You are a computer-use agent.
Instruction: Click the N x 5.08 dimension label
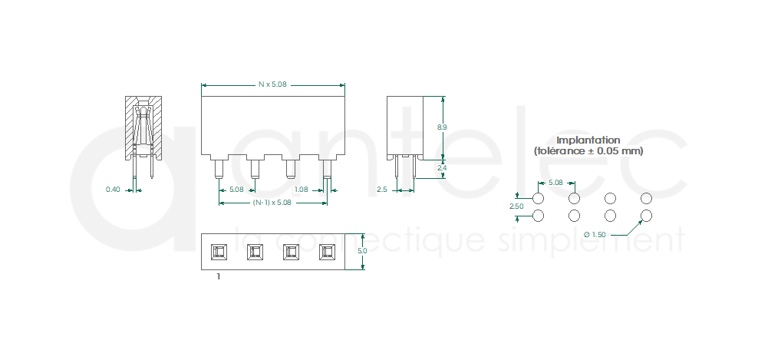pos(272,84)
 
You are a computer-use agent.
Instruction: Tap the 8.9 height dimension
pos(442,127)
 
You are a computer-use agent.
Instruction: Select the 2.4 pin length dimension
pos(442,168)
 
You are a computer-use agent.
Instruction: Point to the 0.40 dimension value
pos(113,190)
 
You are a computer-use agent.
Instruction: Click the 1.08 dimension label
pos(302,190)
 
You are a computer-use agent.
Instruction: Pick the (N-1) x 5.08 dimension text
pos(272,203)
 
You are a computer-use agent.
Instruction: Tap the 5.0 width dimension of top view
pos(362,251)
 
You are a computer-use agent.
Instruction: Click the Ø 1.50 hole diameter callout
pos(595,235)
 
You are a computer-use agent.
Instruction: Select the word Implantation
pos(588,140)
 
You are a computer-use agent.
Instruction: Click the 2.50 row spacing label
pos(517,206)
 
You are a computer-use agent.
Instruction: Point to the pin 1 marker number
pos(219,277)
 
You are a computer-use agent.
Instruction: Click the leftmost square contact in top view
pos(219,252)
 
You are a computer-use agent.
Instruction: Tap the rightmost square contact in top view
pos(327,252)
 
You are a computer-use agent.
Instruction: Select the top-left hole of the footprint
pos(538,198)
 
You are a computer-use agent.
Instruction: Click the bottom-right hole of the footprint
pos(646,216)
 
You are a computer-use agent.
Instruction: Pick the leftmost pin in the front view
pos(219,170)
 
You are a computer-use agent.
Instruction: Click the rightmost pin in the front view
pos(327,170)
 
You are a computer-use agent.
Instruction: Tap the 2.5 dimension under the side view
pos(382,190)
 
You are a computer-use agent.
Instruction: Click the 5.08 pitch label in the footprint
pos(556,183)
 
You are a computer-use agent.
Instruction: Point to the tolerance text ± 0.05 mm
pos(610,151)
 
